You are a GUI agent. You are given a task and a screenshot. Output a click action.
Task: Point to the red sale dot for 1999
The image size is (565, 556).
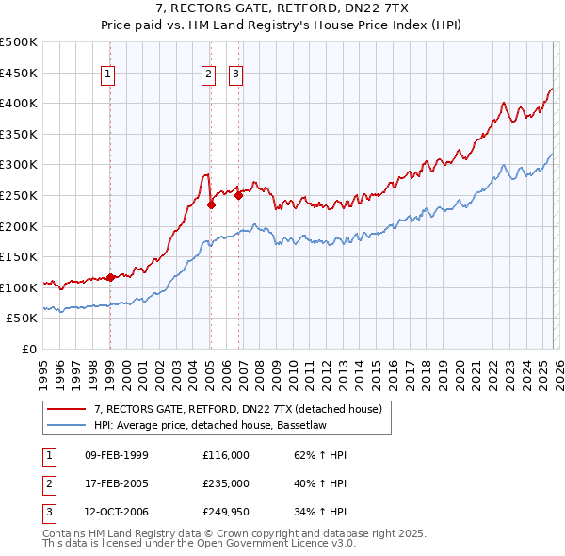click(x=110, y=277)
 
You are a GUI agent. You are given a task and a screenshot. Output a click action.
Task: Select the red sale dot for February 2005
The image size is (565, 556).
click(x=211, y=204)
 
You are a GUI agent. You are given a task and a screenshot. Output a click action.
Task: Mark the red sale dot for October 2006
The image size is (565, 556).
click(x=238, y=195)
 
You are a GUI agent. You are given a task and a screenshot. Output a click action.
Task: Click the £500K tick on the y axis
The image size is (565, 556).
click(x=19, y=42)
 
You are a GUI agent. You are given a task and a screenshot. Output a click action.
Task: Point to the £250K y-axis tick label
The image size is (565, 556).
click(x=19, y=195)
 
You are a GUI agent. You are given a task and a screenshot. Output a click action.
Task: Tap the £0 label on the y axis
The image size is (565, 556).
click(x=28, y=349)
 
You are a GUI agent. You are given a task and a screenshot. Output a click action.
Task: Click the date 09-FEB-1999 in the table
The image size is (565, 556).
click(x=117, y=455)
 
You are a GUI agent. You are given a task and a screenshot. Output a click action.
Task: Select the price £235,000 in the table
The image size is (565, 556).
click(x=226, y=483)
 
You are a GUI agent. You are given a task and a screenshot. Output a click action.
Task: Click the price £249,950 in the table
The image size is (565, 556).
click(x=226, y=512)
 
